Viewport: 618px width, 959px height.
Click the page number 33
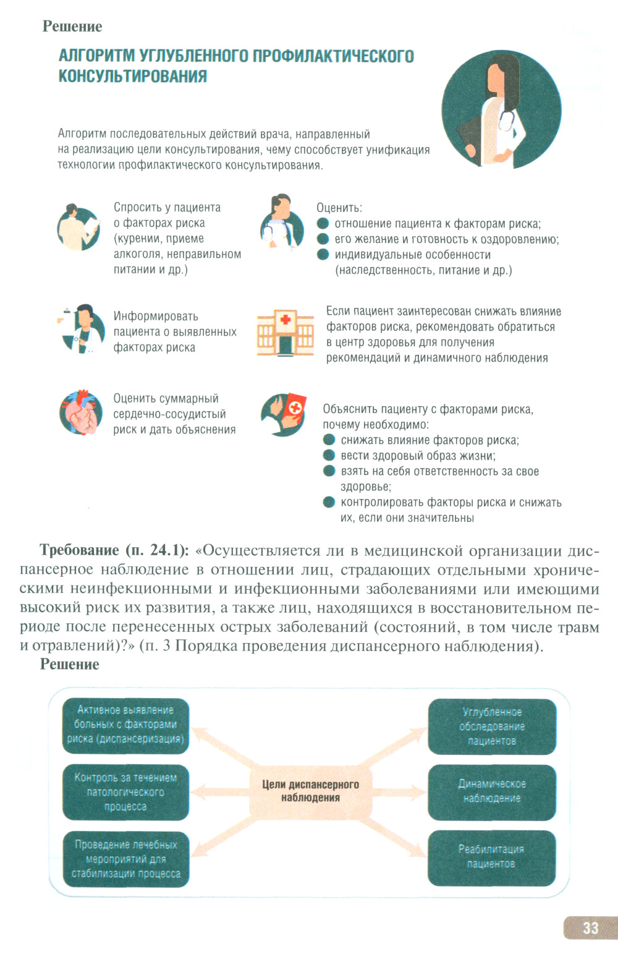[590, 927]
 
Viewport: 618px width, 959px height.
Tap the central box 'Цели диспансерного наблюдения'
[310, 791]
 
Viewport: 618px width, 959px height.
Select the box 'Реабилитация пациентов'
[491, 857]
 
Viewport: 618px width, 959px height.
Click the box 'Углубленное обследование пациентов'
[491, 727]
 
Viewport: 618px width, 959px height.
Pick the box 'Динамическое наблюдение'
[491, 791]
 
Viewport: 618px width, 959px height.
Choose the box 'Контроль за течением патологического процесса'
[125, 792]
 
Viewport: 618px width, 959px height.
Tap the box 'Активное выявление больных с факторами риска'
[125, 725]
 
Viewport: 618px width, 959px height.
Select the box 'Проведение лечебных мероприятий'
[125, 859]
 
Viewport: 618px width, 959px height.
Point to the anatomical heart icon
[80, 412]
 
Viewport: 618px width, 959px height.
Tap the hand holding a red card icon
[284, 414]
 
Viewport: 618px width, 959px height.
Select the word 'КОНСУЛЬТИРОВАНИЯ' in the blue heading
[132, 76]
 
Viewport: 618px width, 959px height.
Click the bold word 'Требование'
[79, 550]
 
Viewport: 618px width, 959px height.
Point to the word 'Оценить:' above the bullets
[339, 208]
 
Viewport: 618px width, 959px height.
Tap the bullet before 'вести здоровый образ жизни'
[329, 456]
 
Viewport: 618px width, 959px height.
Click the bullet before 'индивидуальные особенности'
[323, 254]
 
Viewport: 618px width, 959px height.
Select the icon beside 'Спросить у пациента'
[79, 227]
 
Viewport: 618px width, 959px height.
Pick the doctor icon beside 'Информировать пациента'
[79, 329]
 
